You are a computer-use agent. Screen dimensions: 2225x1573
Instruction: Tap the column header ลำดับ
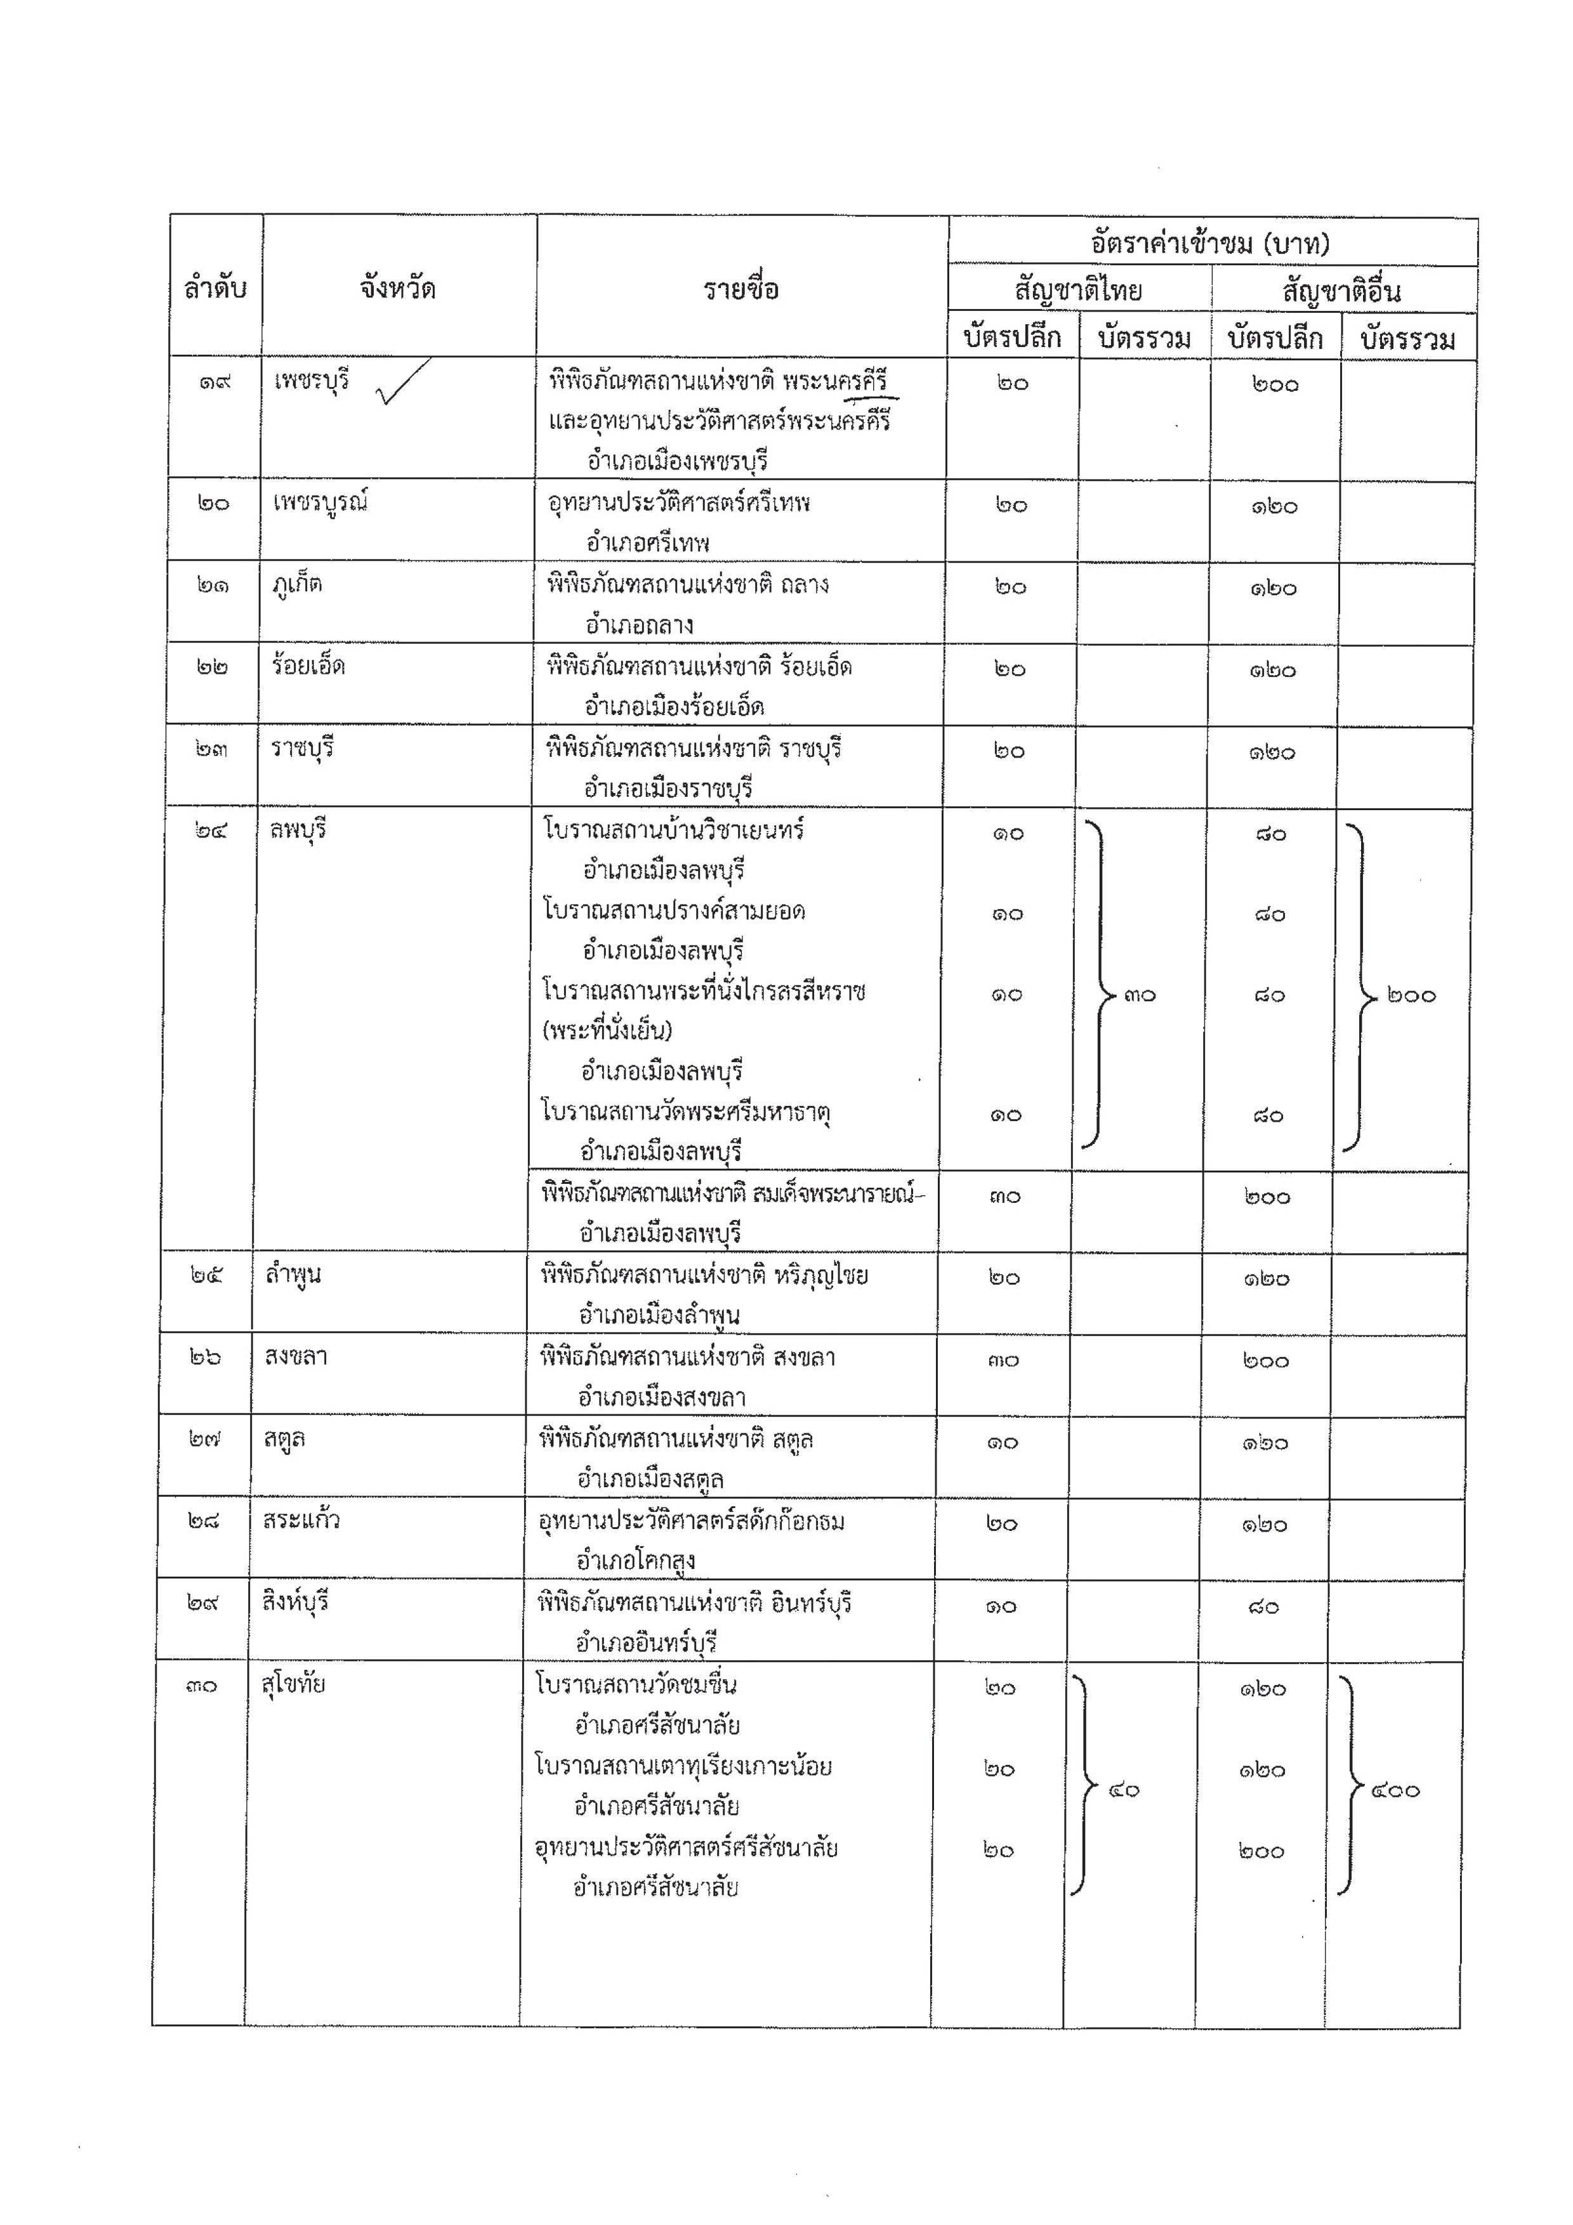pyautogui.click(x=215, y=289)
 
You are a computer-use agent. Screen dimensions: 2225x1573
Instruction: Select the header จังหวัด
pyautogui.click(x=397, y=289)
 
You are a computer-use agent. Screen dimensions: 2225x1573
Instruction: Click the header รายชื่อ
pyautogui.click(x=741, y=289)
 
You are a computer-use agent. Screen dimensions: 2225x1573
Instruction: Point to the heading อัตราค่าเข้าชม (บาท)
pyautogui.click(x=1211, y=243)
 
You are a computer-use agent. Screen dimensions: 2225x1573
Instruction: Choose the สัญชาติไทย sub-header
pyautogui.click(x=1079, y=290)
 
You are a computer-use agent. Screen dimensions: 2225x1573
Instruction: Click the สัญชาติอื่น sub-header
pyautogui.click(x=1341, y=291)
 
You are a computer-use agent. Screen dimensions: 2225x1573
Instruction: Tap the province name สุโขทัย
pyautogui.click(x=294, y=1685)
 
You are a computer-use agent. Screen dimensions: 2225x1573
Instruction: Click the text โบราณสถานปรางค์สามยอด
pyautogui.click(x=675, y=911)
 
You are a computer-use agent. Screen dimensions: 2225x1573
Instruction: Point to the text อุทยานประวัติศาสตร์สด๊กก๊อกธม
pyautogui.click(x=692, y=1521)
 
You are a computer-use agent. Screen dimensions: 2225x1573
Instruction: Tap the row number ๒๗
pyautogui.click(x=204, y=1439)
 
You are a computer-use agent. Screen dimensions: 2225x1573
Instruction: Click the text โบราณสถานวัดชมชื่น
pyautogui.click(x=636, y=1685)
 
